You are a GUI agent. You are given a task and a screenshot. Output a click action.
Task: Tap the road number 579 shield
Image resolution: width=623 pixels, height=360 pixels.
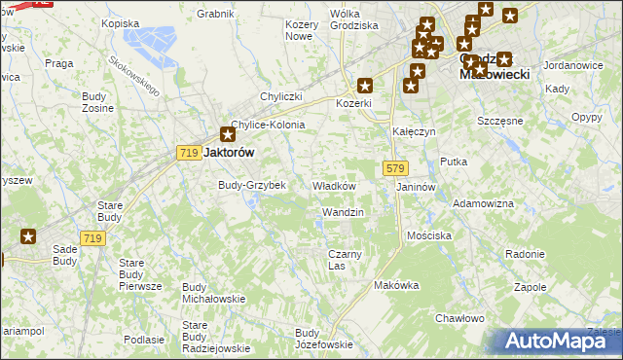point(394,168)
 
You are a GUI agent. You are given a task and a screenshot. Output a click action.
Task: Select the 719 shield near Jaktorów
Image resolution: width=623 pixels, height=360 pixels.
point(189,153)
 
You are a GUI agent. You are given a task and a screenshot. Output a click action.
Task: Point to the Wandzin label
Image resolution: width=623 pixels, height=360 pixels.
point(343,212)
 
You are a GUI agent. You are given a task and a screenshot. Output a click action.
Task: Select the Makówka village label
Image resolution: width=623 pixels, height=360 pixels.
point(396,285)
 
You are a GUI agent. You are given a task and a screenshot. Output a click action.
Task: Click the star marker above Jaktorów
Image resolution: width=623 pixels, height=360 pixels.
point(227,134)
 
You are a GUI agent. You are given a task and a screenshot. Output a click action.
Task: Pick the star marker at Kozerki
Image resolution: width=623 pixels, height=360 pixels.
point(365,85)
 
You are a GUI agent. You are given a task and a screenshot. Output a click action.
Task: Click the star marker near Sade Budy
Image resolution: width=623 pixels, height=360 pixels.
point(28,235)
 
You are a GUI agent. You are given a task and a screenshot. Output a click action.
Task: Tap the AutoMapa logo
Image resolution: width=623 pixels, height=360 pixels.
point(559,341)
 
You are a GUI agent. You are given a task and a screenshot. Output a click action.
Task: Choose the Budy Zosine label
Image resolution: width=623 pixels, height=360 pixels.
point(98,101)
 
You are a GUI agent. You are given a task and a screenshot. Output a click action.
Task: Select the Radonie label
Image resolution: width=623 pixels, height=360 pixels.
point(526,254)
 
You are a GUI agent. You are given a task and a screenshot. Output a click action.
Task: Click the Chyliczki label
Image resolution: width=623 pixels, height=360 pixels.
point(281,96)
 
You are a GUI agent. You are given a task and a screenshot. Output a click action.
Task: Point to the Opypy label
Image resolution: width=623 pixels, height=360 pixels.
point(587,117)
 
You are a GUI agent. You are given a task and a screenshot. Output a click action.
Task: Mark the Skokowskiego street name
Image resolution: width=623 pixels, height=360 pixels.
point(133,74)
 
